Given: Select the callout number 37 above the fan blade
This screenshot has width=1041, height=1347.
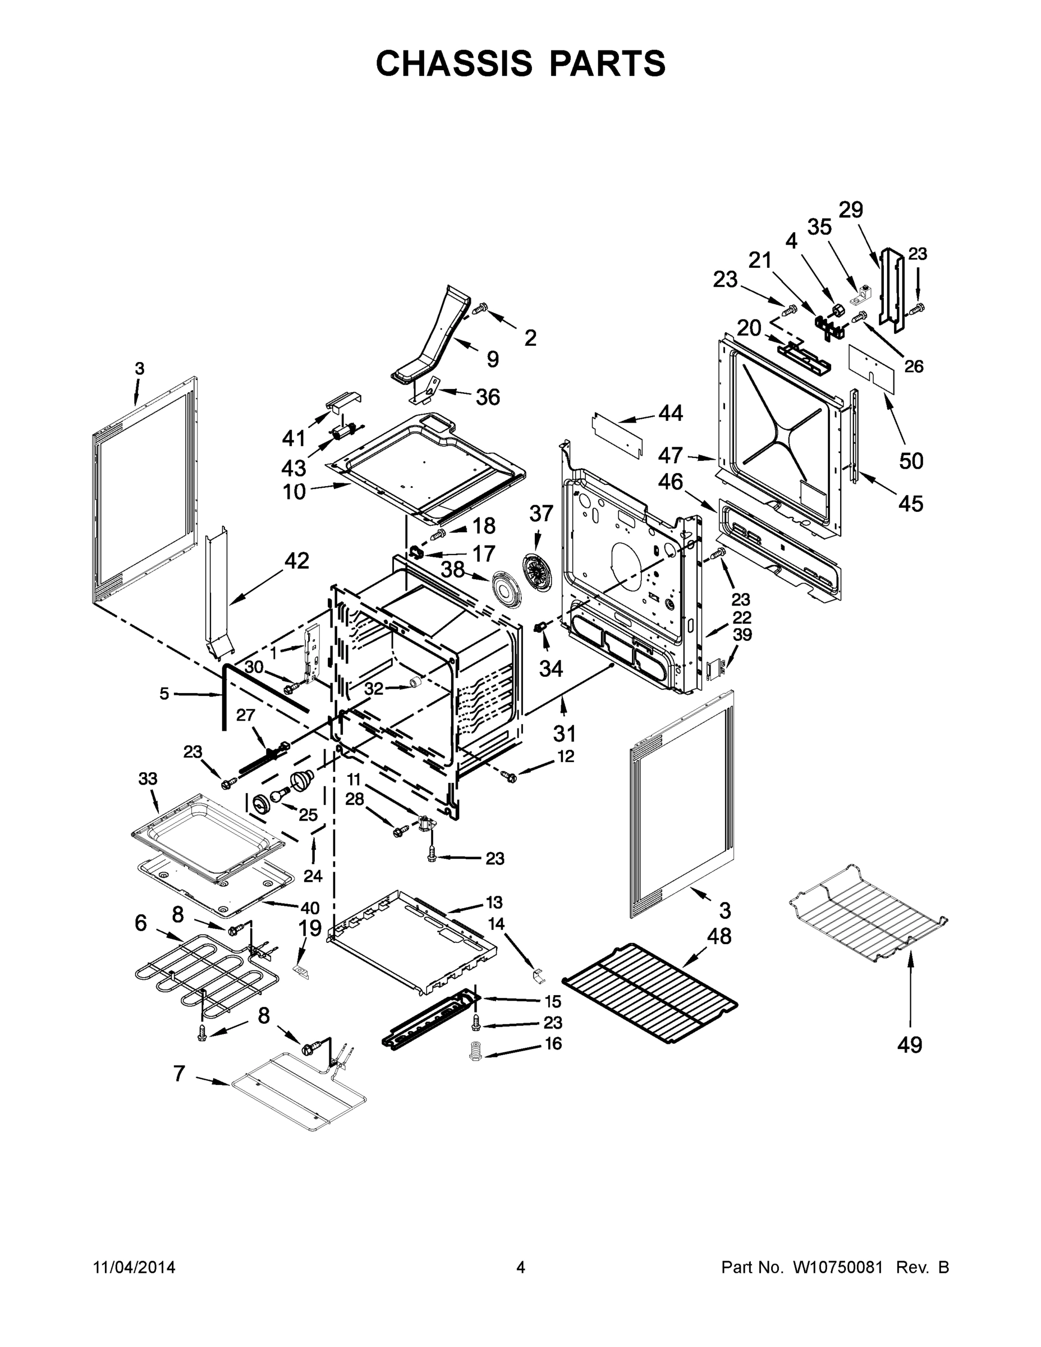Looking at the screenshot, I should pyautogui.click(x=542, y=512).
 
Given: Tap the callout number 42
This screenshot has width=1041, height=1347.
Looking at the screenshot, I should pyautogui.click(x=297, y=561).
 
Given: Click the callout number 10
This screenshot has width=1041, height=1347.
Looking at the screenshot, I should pyautogui.click(x=294, y=492).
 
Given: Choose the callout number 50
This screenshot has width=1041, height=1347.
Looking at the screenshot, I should pyautogui.click(x=911, y=461).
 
